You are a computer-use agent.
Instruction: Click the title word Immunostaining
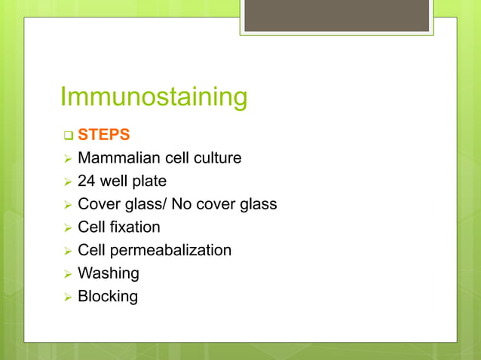tap(153, 98)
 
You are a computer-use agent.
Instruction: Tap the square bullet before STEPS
tap(67, 136)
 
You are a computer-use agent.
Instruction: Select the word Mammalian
tap(115, 158)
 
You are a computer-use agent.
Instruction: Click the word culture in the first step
tap(215, 158)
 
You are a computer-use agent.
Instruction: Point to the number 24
tap(87, 182)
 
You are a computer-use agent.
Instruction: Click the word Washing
tap(109, 273)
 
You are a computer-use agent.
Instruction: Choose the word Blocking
tap(108, 296)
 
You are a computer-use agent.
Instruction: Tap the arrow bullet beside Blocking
tap(67, 297)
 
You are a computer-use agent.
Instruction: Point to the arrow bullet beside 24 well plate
tap(67, 182)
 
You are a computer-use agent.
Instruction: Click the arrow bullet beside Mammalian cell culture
tap(67, 159)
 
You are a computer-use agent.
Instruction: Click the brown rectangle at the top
tap(336, 16)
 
